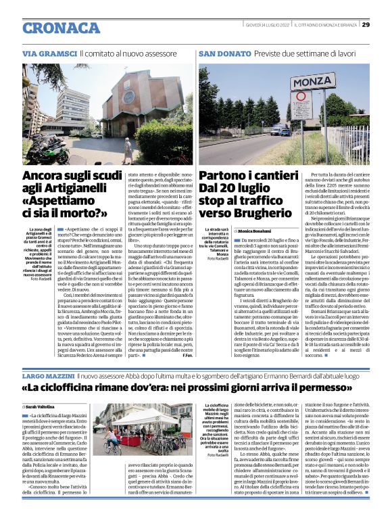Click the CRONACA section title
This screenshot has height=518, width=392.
[x=62, y=28]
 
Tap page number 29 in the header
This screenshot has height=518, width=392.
[x=366, y=25]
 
